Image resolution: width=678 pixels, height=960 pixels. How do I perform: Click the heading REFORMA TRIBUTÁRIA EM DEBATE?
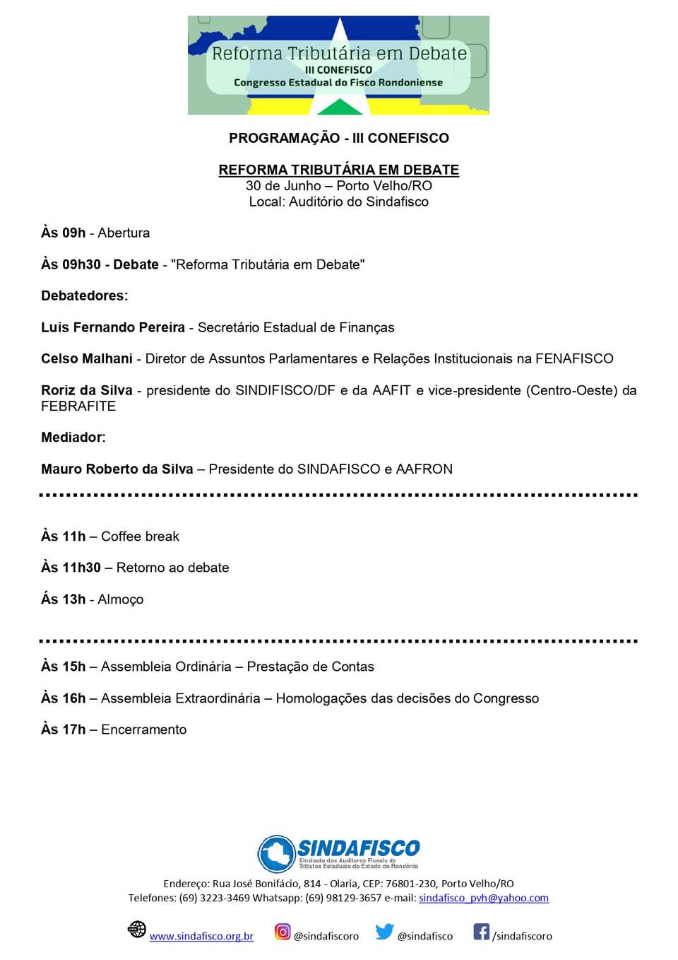338,170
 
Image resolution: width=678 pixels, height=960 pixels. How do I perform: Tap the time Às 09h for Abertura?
63,233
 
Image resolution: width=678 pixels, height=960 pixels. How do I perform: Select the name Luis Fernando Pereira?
113,327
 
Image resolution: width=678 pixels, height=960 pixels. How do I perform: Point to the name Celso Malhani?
87,358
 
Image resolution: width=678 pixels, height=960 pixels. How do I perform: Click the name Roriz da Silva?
87,390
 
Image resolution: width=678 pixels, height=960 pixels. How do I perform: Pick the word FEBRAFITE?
78,406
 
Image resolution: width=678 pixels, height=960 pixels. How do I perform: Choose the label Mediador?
73,438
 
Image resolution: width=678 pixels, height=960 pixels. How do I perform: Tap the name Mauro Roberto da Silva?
117,469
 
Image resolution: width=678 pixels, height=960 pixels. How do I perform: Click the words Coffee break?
140,537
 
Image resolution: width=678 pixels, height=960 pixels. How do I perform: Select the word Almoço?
120,599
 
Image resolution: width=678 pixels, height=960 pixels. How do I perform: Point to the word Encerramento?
143,730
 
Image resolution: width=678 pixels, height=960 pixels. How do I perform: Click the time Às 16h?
63,698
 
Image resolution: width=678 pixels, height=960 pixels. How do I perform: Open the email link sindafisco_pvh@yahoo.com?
484,898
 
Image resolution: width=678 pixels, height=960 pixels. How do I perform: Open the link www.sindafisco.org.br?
201,936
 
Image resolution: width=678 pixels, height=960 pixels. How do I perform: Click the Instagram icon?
282,932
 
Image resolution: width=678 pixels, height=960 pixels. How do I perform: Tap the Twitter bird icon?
384,932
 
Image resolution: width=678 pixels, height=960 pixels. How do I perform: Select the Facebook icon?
481,932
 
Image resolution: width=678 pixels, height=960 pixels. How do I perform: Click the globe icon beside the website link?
137,929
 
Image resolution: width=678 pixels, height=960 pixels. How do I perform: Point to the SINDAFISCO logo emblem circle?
276,854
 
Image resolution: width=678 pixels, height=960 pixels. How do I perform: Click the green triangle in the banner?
340,107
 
